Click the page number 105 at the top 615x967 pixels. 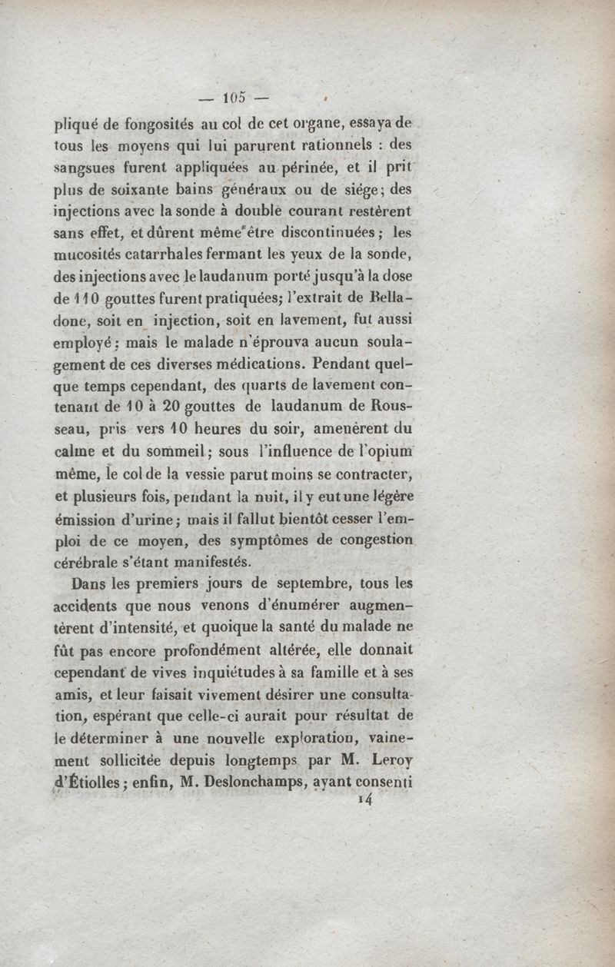click(234, 97)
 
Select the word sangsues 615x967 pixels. click(83, 166)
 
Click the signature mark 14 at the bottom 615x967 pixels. click(365, 799)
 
